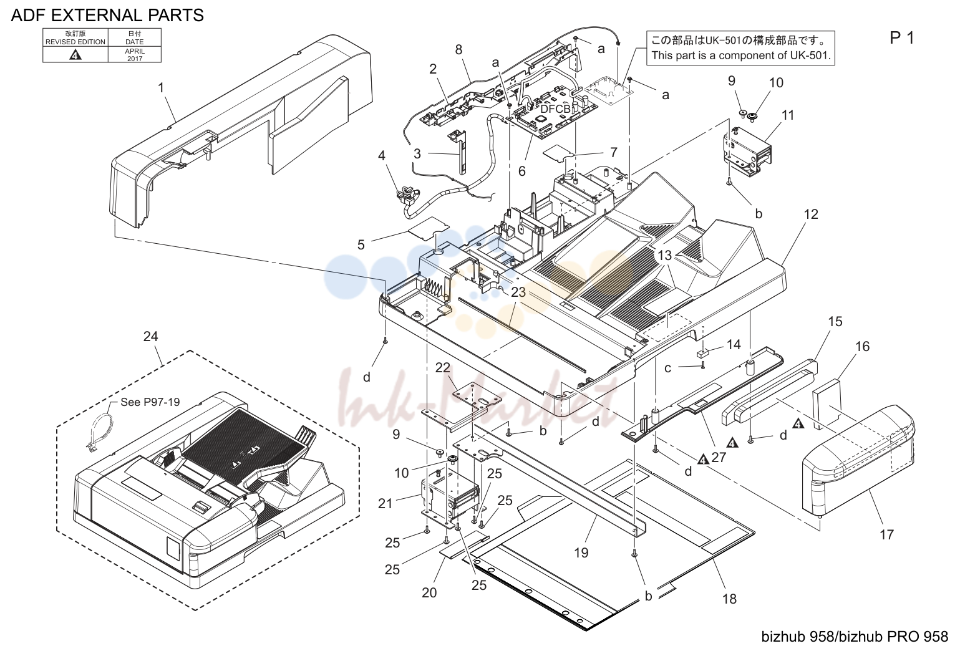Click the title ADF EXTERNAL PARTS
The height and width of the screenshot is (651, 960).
[x=107, y=15]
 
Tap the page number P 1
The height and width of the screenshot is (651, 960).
[x=902, y=38]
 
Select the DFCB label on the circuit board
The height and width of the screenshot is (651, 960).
[x=555, y=109]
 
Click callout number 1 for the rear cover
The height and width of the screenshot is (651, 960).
[x=161, y=88]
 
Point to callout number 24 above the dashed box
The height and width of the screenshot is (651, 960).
[x=150, y=336]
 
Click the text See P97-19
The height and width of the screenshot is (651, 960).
[x=150, y=402]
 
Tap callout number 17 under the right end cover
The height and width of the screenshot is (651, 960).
[x=887, y=534]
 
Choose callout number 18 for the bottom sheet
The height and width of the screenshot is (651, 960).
[x=729, y=599]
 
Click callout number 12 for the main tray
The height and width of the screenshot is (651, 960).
[x=811, y=214]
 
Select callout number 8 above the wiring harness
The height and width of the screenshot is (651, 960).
[x=458, y=50]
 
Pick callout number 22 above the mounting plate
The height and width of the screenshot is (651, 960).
[x=443, y=367]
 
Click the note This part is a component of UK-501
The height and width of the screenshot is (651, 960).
[x=741, y=55]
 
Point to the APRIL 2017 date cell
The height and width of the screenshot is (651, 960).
[x=135, y=55]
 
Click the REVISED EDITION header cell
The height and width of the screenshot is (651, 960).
[x=75, y=37]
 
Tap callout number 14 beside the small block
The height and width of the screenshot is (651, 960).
[x=734, y=345]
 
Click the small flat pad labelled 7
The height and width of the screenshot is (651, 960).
[x=558, y=154]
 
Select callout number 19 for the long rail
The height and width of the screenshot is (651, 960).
[x=581, y=552]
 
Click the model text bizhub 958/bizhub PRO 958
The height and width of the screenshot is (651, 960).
[x=855, y=637]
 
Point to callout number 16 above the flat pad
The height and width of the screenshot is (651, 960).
[x=862, y=346]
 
